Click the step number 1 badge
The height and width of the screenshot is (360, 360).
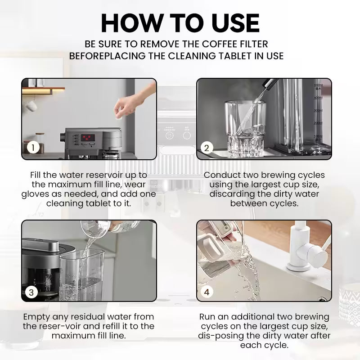(x=33, y=148)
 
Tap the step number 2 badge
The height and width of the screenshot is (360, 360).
(x=207, y=148)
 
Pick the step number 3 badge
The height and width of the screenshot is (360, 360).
(x=31, y=292)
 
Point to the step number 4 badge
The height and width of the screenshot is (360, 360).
(x=207, y=292)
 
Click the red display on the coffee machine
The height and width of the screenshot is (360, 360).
(x=88, y=138)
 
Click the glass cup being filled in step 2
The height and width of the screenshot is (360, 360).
(x=245, y=129)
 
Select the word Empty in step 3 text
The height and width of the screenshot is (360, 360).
(x=37, y=317)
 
